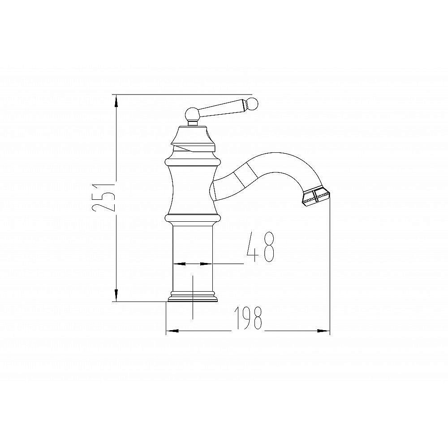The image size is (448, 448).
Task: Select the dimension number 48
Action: pyautogui.click(x=260, y=247)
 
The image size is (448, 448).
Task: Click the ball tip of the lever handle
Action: pyautogui.click(x=252, y=104)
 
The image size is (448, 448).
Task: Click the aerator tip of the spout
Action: pyautogui.click(x=316, y=197)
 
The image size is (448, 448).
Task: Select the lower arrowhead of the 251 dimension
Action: pyautogui.click(x=116, y=295)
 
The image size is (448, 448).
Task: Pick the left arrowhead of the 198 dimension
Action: pyautogui.click(x=172, y=331)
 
